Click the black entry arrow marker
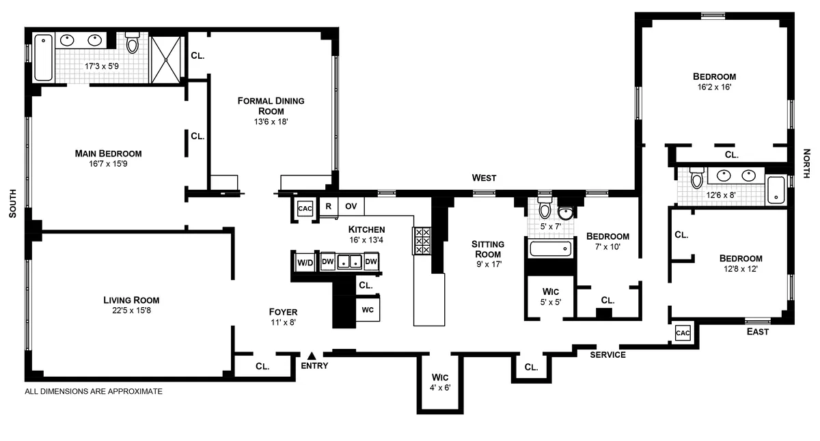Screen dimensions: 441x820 coord(312,355)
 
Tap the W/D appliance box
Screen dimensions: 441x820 coord(304,261)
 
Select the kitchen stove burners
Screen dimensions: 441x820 coord(421,241)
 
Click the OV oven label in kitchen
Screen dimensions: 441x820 coord(351,205)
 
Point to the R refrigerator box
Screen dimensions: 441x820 coord(328,205)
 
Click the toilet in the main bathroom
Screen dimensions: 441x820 coord(133,44)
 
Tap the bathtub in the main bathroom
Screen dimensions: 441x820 coord(42,57)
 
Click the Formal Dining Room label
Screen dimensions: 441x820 coord(271,106)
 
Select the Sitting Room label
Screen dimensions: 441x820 coord(488,249)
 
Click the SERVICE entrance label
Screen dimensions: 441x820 coord(607,355)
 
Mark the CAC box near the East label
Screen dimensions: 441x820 coord(683,332)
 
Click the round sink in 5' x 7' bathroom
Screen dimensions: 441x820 coord(566,210)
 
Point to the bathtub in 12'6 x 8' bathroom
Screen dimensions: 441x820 coord(776,190)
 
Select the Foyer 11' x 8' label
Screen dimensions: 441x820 coord(282,317)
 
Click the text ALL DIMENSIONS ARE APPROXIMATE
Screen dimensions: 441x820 coord(94,392)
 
